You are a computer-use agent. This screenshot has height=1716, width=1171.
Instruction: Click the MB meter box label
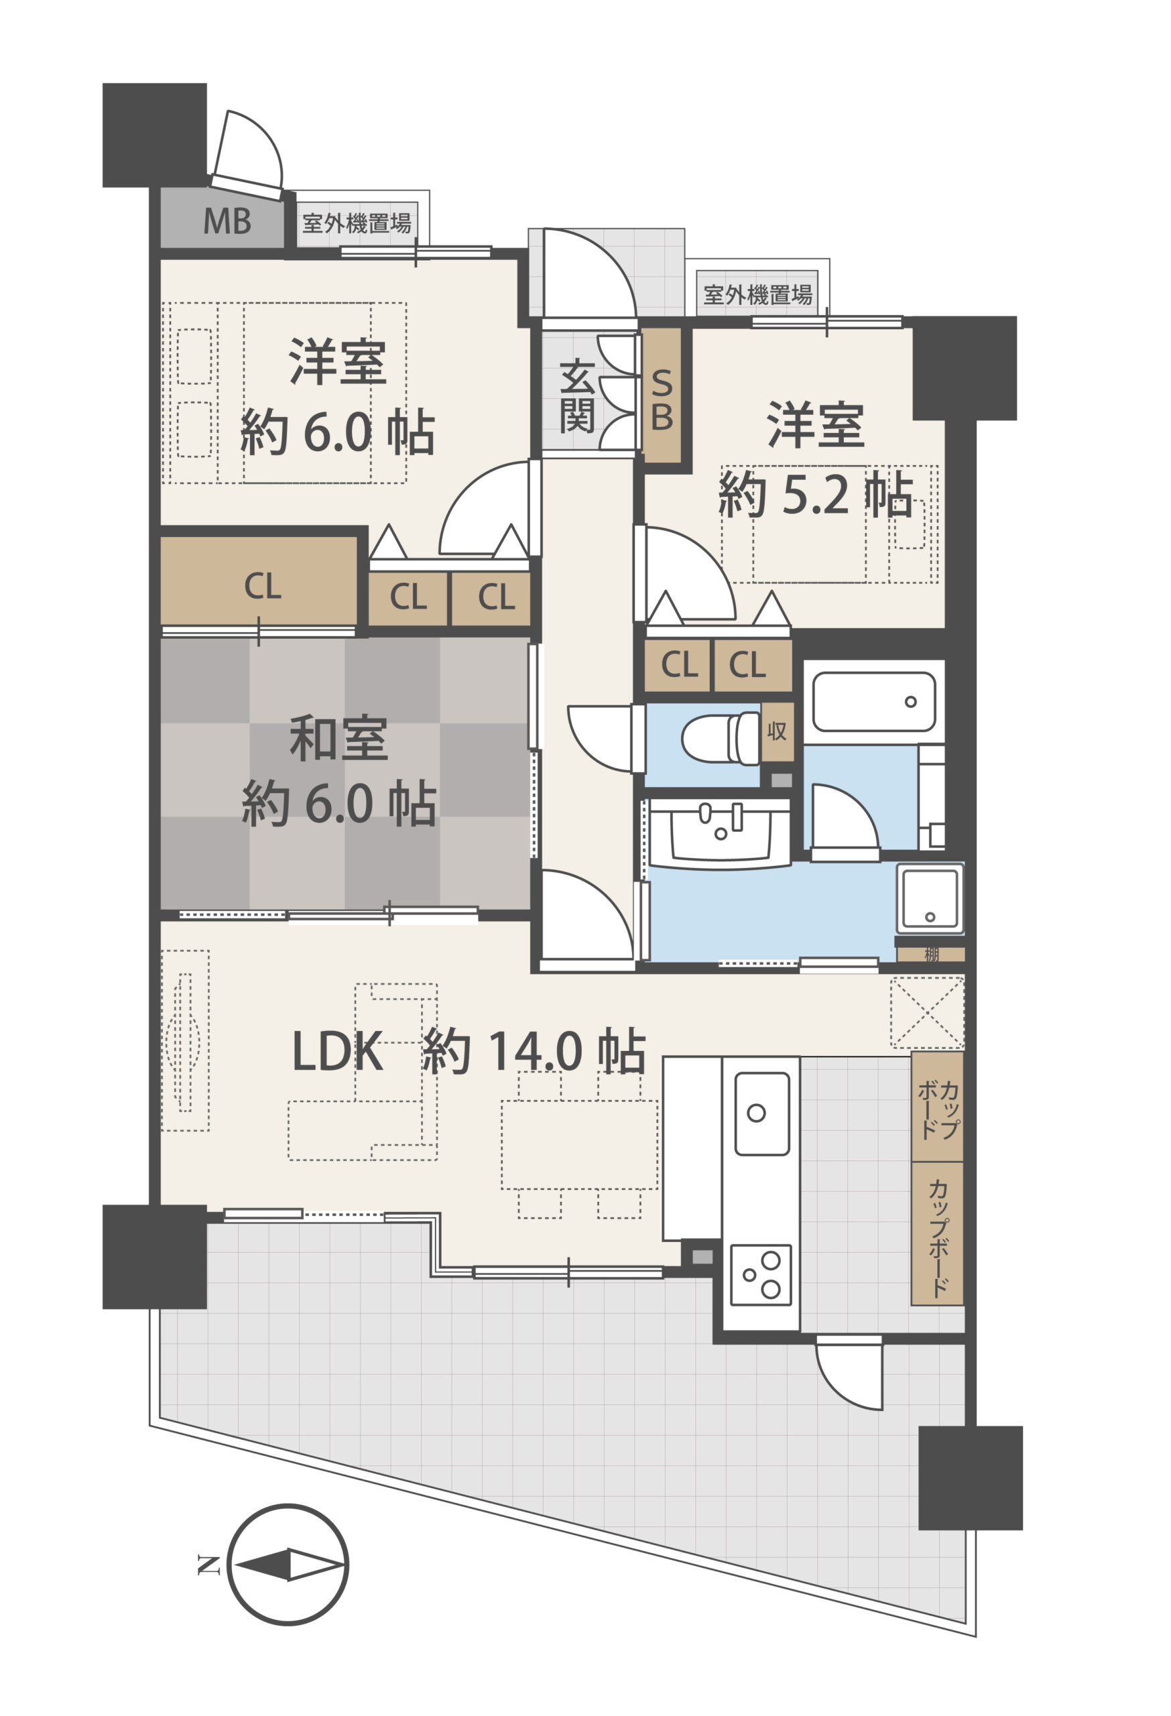pyautogui.click(x=227, y=221)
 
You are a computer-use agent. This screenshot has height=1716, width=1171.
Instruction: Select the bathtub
pyautogui.click(x=873, y=701)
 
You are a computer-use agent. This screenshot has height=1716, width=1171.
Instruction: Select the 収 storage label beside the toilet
pyautogui.click(x=777, y=731)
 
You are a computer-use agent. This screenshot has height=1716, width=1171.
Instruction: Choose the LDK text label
pyautogui.click(x=338, y=1052)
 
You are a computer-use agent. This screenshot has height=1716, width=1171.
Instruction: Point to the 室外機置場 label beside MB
pyautogui.click(x=357, y=223)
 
